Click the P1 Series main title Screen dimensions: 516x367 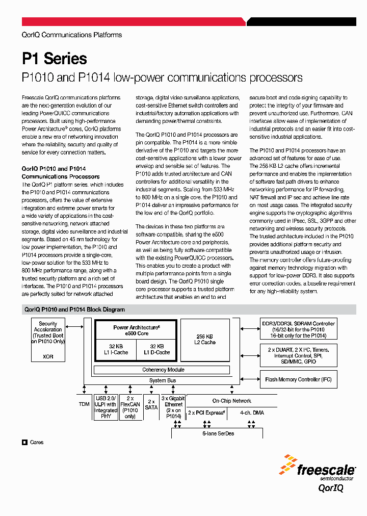coord(55,59)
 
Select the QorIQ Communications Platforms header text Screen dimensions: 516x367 coord(72,35)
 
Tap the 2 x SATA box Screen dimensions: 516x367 coord(151,404)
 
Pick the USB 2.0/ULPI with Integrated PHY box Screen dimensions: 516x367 coord(106,407)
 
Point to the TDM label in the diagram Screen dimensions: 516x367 coord(84,403)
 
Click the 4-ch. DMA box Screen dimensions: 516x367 coord(252,412)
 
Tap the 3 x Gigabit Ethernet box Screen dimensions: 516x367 coord(173,407)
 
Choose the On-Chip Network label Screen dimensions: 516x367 coord(231,401)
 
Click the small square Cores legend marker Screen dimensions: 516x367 coord(24,443)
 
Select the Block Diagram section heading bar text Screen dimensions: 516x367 coord(74,309)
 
